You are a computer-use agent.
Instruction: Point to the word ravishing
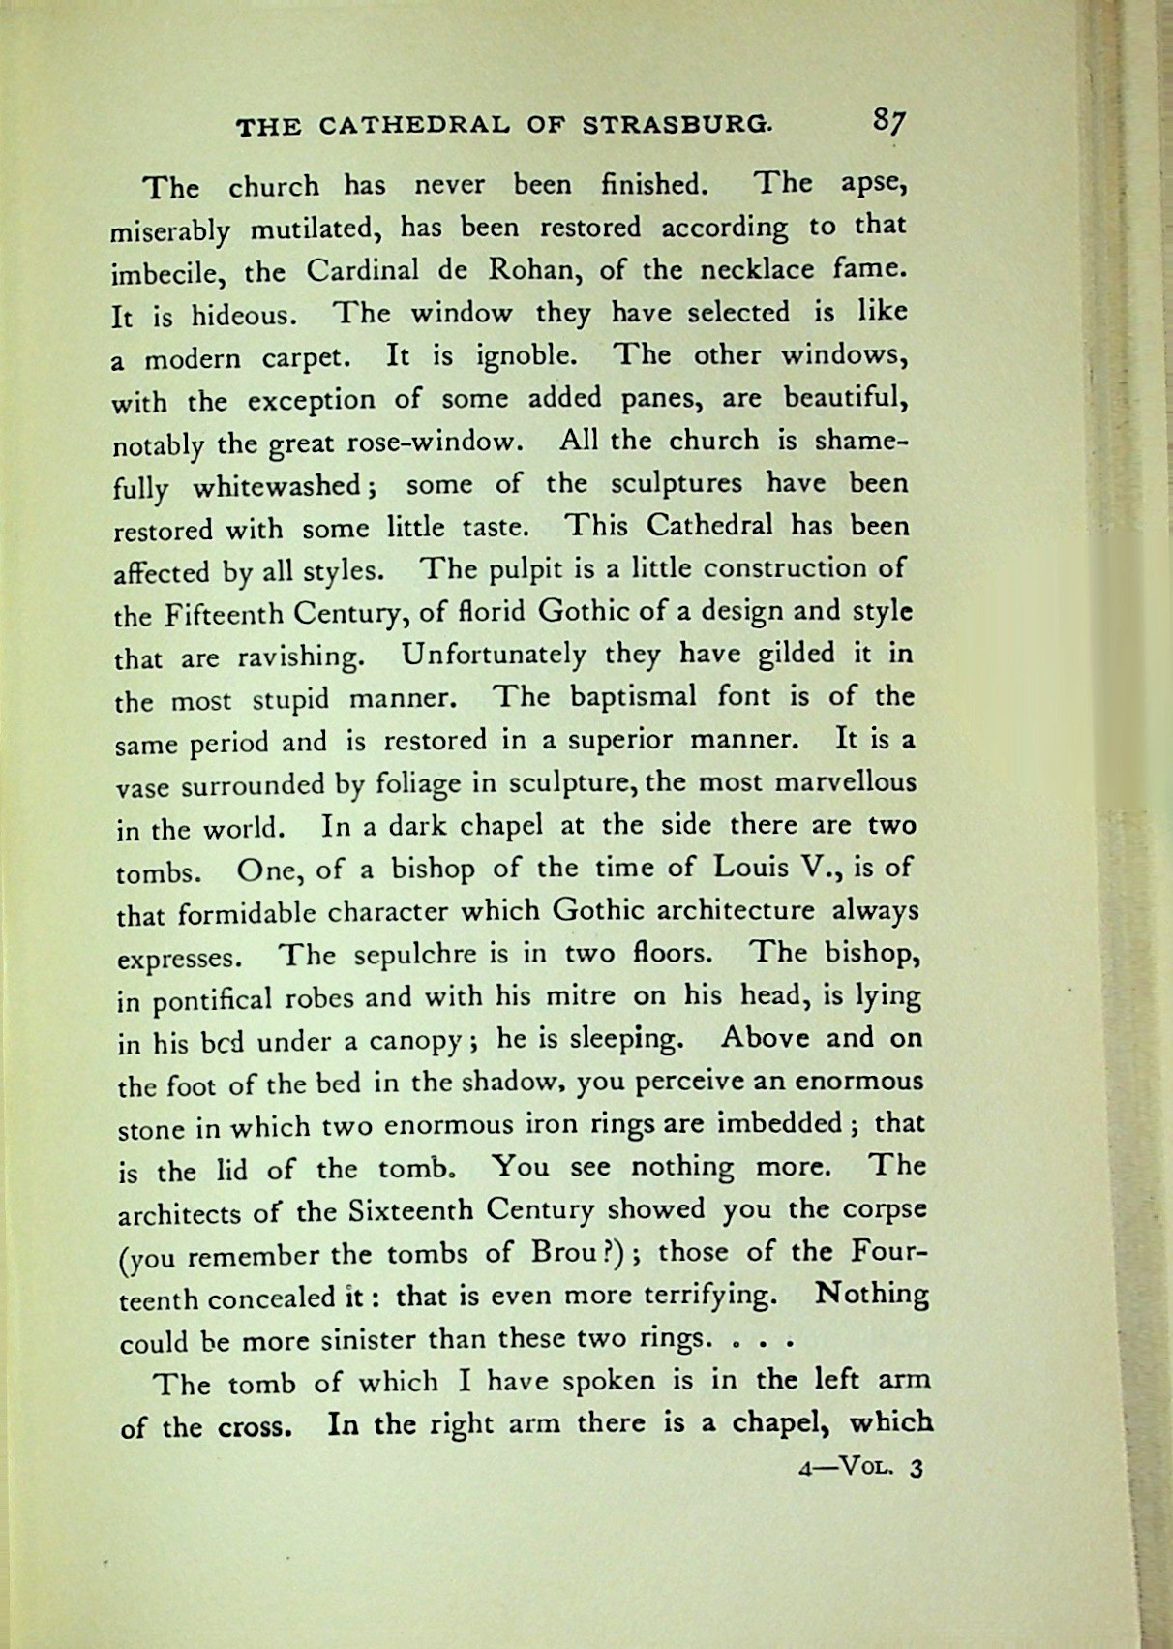point(300,657)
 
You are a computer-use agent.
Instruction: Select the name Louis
point(751,867)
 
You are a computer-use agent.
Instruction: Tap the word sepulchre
point(416,955)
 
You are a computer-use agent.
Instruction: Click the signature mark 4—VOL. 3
point(861,1467)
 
